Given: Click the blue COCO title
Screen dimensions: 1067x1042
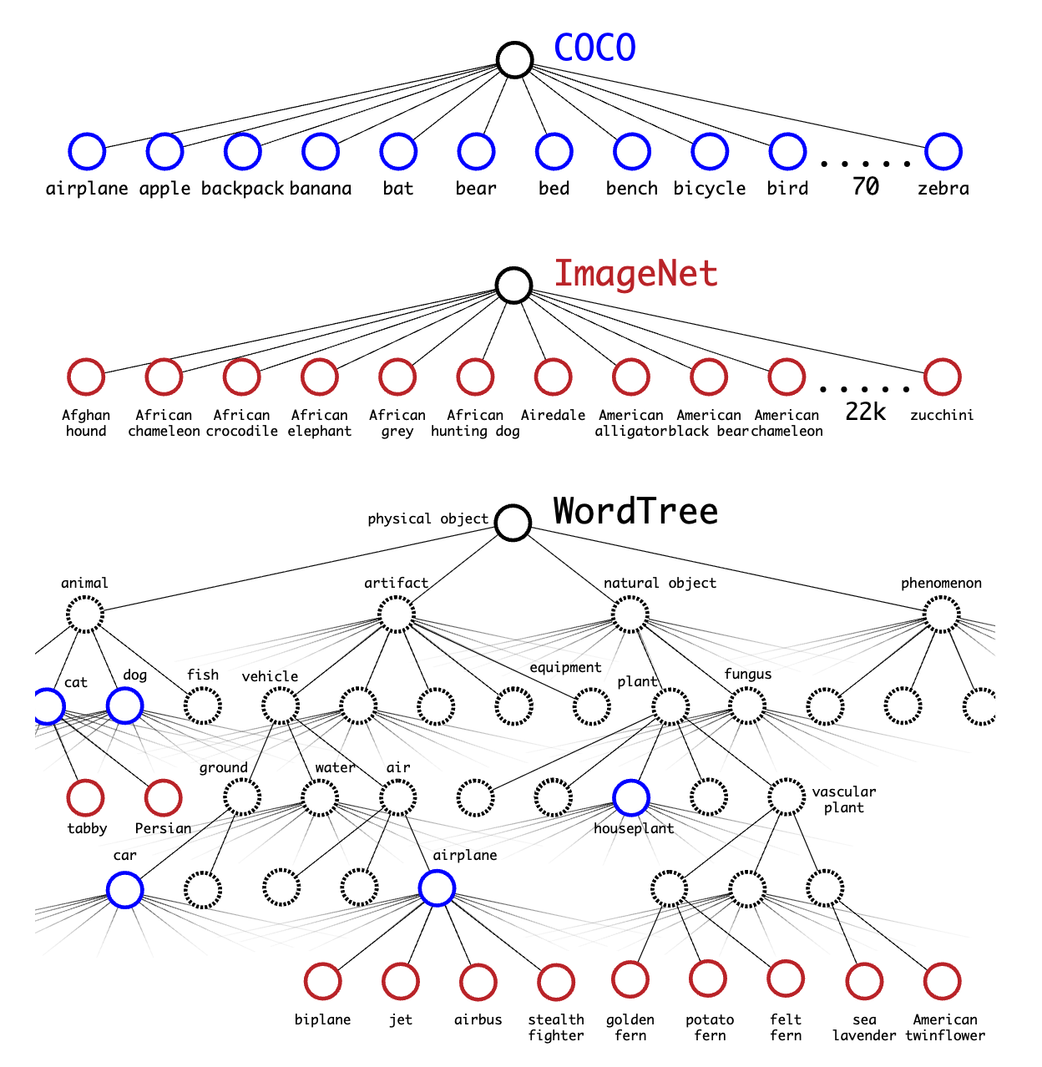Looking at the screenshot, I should pyautogui.click(x=594, y=48).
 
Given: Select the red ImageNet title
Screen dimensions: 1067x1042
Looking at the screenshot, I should pyautogui.click(x=635, y=274).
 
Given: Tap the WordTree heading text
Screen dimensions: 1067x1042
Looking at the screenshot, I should pyautogui.click(x=635, y=511).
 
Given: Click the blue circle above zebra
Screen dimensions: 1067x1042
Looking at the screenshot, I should pyautogui.click(x=943, y=151).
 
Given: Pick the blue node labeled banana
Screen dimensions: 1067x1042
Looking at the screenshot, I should pyautogui.click(x=321, y=151).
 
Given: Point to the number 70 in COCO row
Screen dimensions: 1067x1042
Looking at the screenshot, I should pyautogui.click(x=865, y=185).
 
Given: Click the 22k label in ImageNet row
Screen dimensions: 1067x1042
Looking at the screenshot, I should pyautogui.click(x=865, y=412).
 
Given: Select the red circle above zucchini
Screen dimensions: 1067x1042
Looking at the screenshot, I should pyautogui.click(x=943, y=377).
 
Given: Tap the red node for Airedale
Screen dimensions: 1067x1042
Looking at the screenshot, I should pyautogui.click(x=553, y=377).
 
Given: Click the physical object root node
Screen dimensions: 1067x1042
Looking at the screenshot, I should pyautogui.click(x=513, y=523).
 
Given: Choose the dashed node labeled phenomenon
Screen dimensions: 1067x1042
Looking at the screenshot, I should pyautogui.click(x=942, y=615).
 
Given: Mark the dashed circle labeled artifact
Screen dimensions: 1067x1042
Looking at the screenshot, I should pyautogui.click(x=397, y=615).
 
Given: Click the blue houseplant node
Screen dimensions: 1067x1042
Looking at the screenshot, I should pyautogui.click(x=631, y=797).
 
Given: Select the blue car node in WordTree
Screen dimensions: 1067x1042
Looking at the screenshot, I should pyautogui.click(x=125, y=889).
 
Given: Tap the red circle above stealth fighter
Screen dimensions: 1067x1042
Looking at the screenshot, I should pyautogui.click(x=556, y=982).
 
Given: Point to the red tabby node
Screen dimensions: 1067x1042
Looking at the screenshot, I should pyautogui.click(x=85, y=797).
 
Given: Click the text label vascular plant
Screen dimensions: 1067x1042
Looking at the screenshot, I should pyautogui.click(x=843, y=799).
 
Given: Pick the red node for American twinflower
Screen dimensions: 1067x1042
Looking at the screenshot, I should pyautogui.click(x=943, y=981).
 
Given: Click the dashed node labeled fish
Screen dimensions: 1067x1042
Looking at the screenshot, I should pyautogui.click(x=202, y=706).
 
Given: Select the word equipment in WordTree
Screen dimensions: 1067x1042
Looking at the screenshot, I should pyautogui.click(x=565, y=667).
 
